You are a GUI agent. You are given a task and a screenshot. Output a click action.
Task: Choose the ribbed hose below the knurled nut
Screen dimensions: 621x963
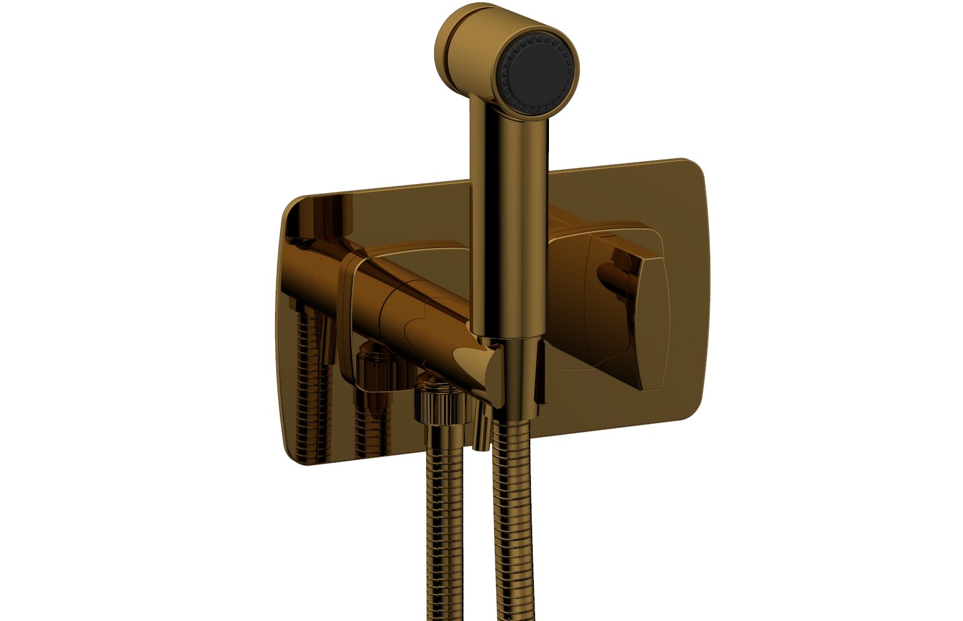click(x=444, y=530)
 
